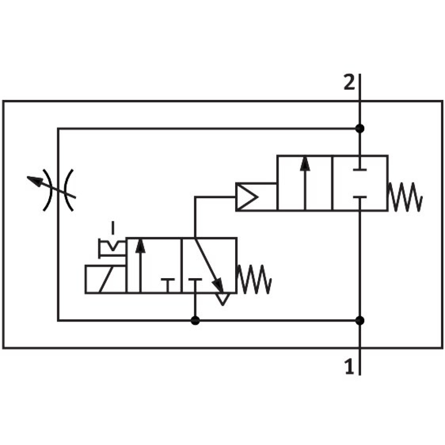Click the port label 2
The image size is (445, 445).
pos(349,83)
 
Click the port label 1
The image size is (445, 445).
pos(349,367)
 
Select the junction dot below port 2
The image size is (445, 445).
pos(359,129)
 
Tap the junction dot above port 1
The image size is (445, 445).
pos(359,321)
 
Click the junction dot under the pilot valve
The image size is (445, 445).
pos(195,321)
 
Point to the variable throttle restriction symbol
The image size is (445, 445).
pos(58,189)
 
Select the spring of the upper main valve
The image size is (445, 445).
pos(405,197)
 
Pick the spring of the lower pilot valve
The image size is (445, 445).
pos(255,279)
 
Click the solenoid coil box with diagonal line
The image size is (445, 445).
pos(106,279)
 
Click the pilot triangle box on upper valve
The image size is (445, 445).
pos(247,197)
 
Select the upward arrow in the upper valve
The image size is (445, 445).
pos(305,183)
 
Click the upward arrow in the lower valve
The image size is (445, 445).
pos(140,265)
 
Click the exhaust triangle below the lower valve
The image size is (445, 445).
pos(222,299)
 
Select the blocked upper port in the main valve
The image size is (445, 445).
pos(359,168)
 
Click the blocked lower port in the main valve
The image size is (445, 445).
pos(359,198)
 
